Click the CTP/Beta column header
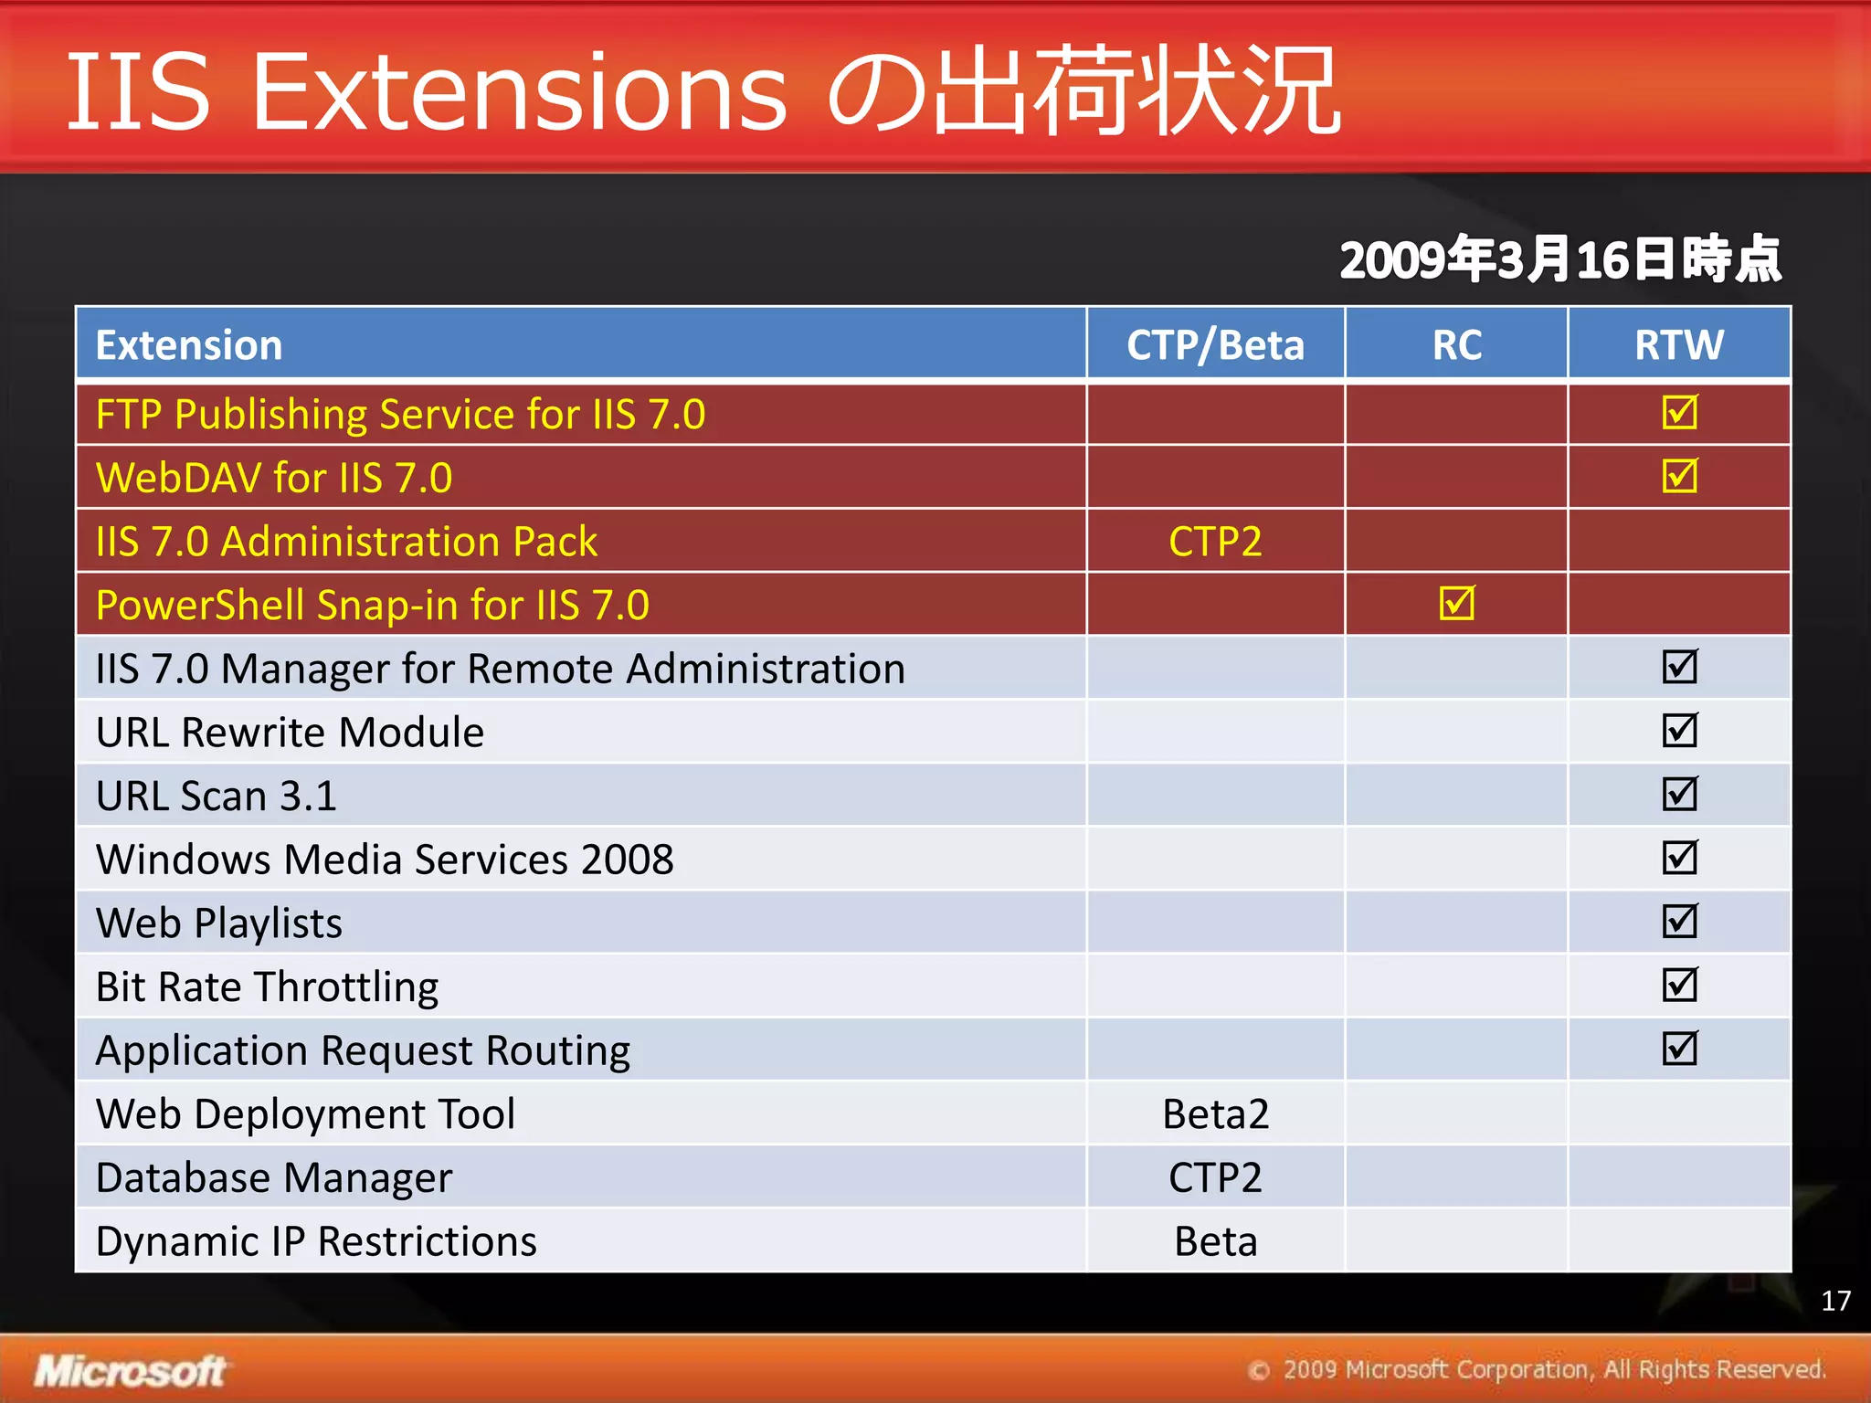click(1214, 345)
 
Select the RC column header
click(1456, 345)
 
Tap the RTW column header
click(1679, 345)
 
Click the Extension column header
click(189, 345)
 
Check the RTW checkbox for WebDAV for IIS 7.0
click(1679, 476)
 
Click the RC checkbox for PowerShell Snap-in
click(1456, 603)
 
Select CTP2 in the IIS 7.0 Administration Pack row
click(1214, 542)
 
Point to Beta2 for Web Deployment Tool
click(1215, 1114)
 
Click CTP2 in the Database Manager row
click(1214, 1178)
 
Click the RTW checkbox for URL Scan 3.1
click(1679, 794)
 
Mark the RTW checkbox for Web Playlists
click(1679, 921)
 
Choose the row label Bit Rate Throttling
click(267, 987)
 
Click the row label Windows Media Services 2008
click(385, 860)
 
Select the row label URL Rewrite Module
click(290, 733)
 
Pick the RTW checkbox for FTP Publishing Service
click(1679, 412)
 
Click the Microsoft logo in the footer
click(131, 1371)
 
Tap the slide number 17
click(1835, 1301)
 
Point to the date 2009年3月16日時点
click(1559, 259)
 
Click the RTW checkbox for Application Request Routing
click(1679, 1049)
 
